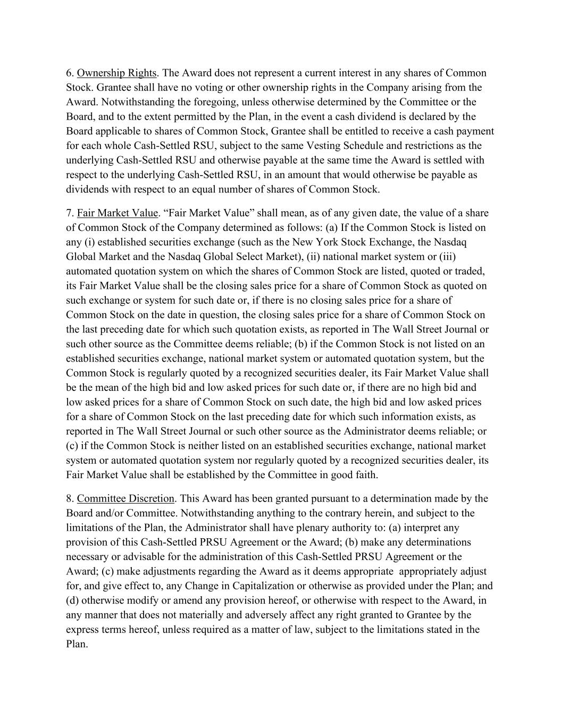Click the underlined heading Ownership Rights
click(116, 73)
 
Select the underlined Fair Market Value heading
click(118, 213)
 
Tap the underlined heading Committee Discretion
click(125, 499)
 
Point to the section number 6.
click(70, 73)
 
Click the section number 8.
click(70, 499)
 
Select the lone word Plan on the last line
click(76, 644)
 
